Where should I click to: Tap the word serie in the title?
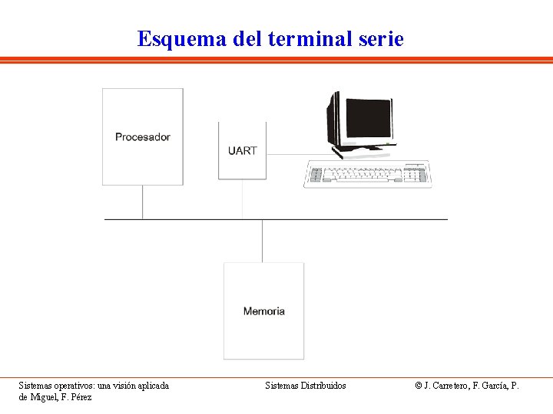tap(381, 38)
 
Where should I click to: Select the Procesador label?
tap(143, 137)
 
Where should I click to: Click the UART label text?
tap(243, 151)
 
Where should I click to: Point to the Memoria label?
tap(263, 311)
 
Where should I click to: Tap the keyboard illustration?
tap(366, 174)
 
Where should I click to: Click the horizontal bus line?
tap(346, 219)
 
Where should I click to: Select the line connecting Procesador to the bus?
tap(143, 202)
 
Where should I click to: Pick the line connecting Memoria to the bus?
tap(263, 241)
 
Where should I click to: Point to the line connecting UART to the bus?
tap(243, 199)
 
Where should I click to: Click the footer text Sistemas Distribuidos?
tap(306, 386)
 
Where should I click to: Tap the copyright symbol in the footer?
tap(419, 386)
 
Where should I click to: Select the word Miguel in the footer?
tap(45, 397)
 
